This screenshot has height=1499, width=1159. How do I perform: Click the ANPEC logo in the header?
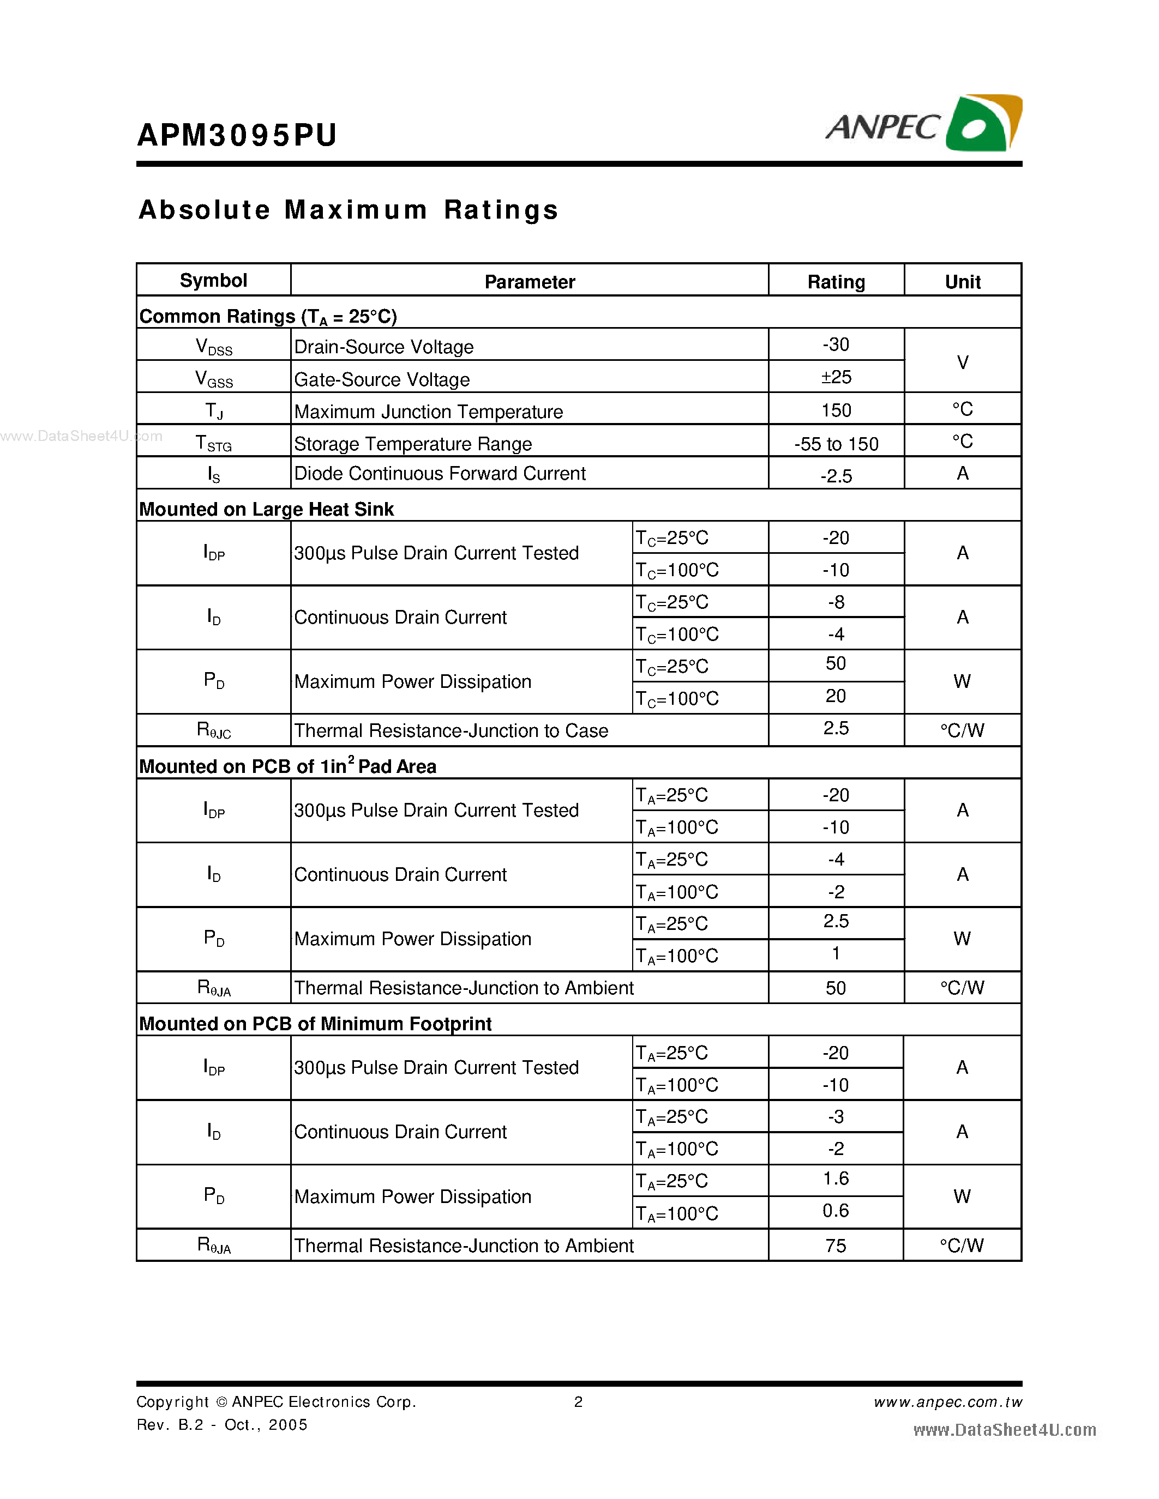(x=923, y=124)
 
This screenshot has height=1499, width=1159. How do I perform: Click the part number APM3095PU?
(x=237, y=135)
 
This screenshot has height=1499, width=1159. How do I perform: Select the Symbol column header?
(x=214, y=281)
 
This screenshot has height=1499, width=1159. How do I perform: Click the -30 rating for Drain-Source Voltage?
(x=836, y=344)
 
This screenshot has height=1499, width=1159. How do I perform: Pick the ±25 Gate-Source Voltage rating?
(x=836, y=377)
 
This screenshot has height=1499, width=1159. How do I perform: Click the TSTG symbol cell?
(x=214, y=443)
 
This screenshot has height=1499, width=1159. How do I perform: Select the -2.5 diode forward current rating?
(x=836, y=476)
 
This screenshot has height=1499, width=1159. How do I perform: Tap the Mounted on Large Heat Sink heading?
(x=266, y=509)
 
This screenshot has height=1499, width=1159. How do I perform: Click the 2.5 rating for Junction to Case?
(x=836, y=728)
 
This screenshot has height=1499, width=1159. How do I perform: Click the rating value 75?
(x=835, y=1246)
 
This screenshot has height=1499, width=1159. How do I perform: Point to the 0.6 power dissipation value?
(x=835, y=1211)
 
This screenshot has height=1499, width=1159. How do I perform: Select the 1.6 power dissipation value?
(x=835, y=1178)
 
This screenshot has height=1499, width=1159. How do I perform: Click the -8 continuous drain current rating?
(x=836, y=602)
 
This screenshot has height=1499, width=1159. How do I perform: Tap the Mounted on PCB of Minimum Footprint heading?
(x=315, y=1024)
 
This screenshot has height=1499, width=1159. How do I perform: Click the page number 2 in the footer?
(x=578, y=1402)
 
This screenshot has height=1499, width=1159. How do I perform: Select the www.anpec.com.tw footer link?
(x=947, y=1402)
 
